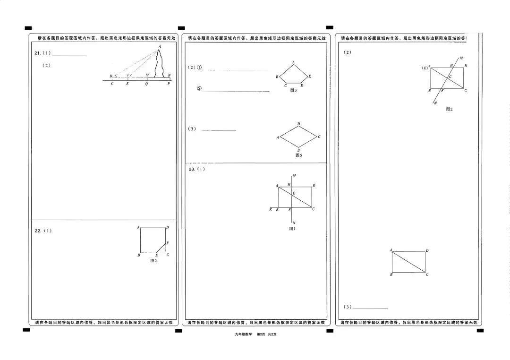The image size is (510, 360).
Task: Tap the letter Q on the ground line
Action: coord(146,84)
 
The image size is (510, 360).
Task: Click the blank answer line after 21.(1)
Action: coord(71,55)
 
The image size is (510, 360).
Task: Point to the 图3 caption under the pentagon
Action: coord(293,90)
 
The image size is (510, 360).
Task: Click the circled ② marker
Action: coord(199,89)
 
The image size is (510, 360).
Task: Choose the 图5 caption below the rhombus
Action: coord(298,155)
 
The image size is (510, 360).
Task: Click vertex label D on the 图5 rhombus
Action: coord(298,124)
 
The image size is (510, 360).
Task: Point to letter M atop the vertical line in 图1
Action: coord(294,176)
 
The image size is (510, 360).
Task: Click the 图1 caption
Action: coord(292,229)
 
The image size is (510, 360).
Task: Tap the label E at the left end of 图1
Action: coord(271,209)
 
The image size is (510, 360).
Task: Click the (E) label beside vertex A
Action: coord(425,68)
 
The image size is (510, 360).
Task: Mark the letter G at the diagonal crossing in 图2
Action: coord(450,76)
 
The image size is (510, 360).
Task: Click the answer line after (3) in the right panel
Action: coord(370,309)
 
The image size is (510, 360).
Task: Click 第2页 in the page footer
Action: coord(261,334)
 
